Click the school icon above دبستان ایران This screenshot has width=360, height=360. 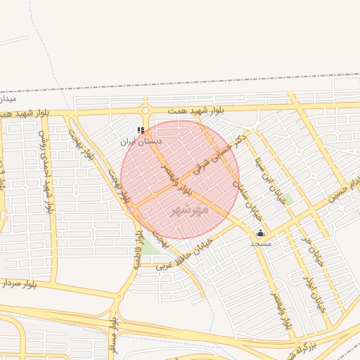point(141,130)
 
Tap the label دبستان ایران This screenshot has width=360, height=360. point(141,141)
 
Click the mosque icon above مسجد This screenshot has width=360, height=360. point(261,233)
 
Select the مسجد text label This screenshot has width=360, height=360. point(260,243)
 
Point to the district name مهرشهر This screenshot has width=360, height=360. point(189,210)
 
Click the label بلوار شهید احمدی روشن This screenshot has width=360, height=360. point(45,172)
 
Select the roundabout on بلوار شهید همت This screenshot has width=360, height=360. point(146,110)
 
